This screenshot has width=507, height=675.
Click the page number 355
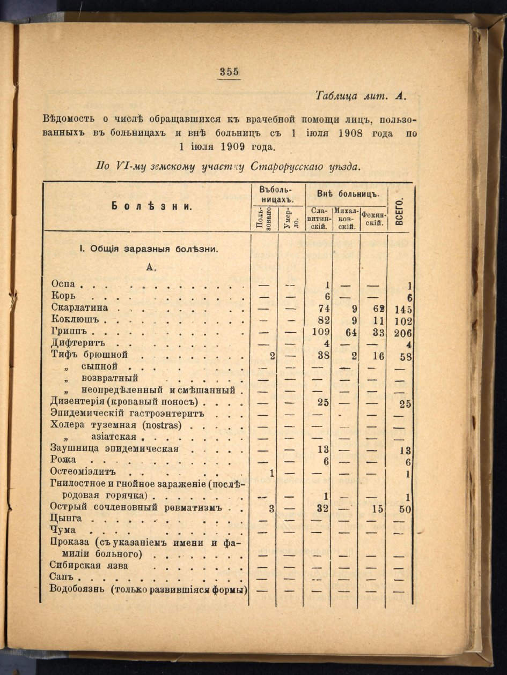[x=229, y=72]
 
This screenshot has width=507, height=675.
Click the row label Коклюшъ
[x=76, y=320]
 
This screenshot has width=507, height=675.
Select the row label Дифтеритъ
[x=78, y=343]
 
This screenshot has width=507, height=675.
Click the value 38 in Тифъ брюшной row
[x=324, y=356]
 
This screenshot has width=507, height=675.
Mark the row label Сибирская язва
[x=89, y=566]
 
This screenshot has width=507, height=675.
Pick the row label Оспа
[x=64, y=285]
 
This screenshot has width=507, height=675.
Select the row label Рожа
[x=63, y=460]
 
